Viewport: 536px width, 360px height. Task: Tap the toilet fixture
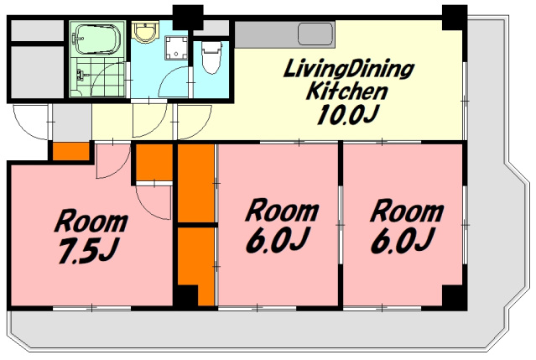point(211,57)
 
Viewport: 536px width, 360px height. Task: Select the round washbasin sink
point(146,31)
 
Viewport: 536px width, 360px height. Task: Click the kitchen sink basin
point(315,34)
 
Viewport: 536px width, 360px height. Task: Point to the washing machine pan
point(176,48)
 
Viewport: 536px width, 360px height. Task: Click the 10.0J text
point(348,114)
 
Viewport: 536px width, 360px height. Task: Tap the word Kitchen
point(347,91)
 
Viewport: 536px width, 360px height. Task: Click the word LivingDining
point(349,70)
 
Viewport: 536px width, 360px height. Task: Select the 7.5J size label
point(88,251)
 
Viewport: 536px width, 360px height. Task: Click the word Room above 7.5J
point(91,222)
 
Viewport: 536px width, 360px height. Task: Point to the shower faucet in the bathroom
point(81,74)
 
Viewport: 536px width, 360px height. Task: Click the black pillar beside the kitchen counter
point(188,18)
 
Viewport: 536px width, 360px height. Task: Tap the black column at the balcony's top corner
point(455,18)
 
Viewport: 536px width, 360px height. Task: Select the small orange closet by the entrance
point(71,151)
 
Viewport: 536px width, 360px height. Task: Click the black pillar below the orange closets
point(187,295)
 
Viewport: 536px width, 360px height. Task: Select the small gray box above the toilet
point(211,28)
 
